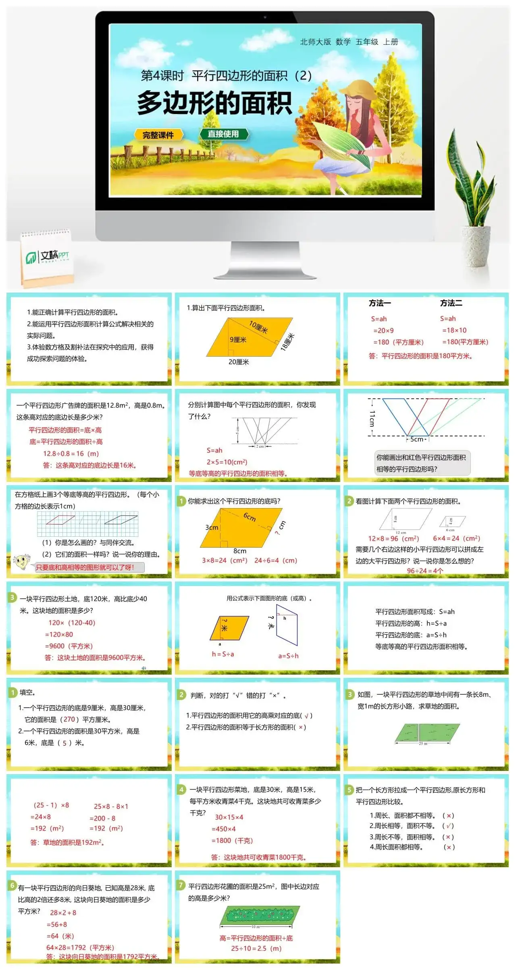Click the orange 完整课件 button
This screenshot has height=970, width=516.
click(x=158, y=135)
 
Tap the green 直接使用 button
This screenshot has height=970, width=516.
click(x=223, y=134)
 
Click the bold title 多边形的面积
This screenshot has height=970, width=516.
click(x=214, y=103)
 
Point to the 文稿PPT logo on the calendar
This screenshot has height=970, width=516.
click(x=48, y=256)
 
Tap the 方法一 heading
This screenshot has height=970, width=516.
click(x=380, y=303)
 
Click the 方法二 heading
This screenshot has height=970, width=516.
click(x=451, y=303)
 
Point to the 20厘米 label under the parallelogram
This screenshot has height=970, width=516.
click(x=239, y=362)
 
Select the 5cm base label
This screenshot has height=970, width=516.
click(x=417, y=439)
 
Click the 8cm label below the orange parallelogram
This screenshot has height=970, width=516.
click(x=240, y=551)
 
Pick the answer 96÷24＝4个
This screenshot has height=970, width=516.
click(x=425, y=571)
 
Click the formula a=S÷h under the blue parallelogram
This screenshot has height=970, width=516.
click(x=288, y=656)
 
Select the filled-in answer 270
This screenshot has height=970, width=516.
click(x=69, y=719)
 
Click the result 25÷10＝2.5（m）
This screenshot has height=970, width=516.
click(x=256, y=948)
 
